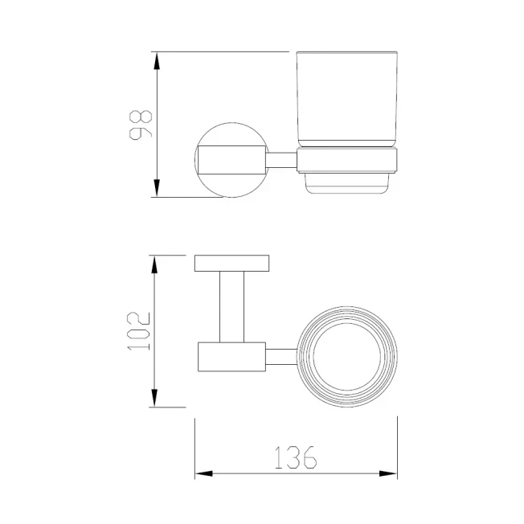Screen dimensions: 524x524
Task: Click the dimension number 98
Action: (x=141, y=125)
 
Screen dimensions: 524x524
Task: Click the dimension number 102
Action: (x=138, y=331)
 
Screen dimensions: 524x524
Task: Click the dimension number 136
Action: (x=296, y=457)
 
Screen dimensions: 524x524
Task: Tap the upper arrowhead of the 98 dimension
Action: (x=157, y=61)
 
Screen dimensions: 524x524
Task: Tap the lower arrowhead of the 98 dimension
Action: (x=157, y=188)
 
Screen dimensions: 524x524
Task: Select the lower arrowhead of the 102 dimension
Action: (x=154, y=398)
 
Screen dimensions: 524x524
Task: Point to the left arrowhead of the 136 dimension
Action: (x=203, y=473)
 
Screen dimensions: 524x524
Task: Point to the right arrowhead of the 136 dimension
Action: (x=388, y=473)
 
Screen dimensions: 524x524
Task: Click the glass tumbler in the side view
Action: (x=347, y=99)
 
